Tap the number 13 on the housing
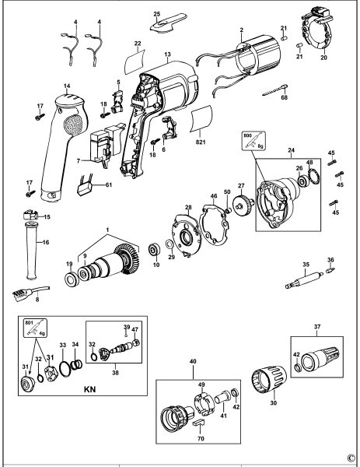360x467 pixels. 167,55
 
